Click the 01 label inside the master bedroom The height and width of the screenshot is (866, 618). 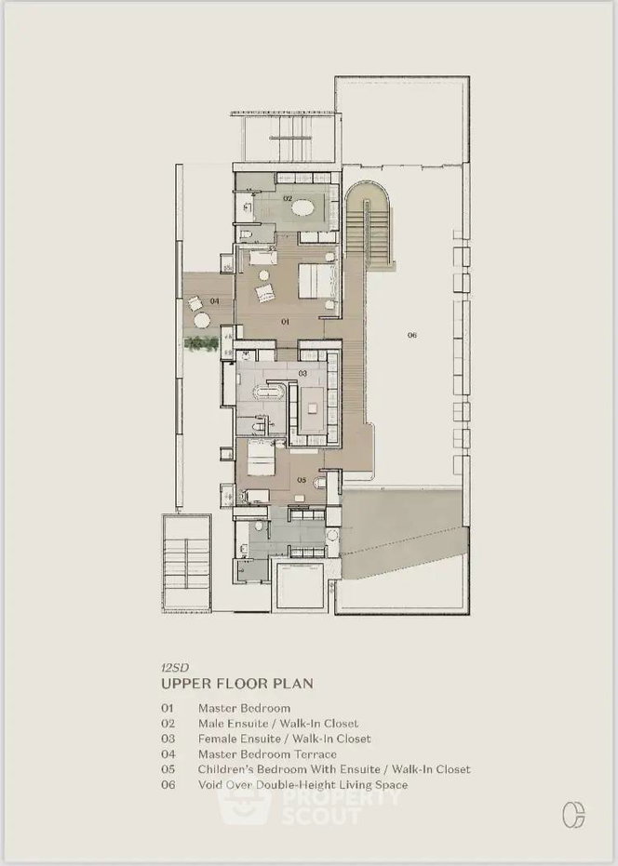click(x=285, y=322)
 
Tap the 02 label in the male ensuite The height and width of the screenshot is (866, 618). click(x=288, y=198)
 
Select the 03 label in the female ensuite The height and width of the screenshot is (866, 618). click(x=302, y=373)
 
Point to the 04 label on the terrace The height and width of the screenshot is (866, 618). click(x=214, y=301)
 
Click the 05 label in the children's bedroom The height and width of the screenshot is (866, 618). click(x=302, y=480)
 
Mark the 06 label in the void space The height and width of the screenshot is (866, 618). click(x=411, y=335)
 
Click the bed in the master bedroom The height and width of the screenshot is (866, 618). click(x=316, y=283)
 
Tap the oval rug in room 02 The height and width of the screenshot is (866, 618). click(x=302, y=207)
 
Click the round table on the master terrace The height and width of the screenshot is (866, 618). click(x=201, y=320)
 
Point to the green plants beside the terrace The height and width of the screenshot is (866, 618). click(x=202, y=343)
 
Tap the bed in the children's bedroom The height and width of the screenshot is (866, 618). click(x=261, y=458)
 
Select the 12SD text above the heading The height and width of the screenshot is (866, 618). click(x=175, y=668)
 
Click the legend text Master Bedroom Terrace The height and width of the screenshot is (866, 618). click(x=267, y=753)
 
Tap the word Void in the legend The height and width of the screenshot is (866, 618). click(x=209, y=785)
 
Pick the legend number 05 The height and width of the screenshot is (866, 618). click(x=168, y=769)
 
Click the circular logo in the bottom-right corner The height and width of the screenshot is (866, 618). click(x=573, y=815)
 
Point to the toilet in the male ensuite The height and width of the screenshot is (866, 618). click(x=246, y=234)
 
